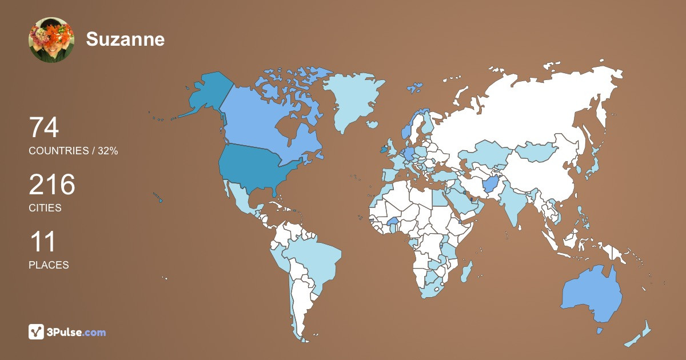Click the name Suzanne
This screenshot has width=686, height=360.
point(125,39)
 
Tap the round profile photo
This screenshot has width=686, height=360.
point(51,40)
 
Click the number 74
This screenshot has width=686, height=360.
point(44,128)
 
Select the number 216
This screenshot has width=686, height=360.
point(52,185)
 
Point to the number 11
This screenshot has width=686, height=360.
point(43,242)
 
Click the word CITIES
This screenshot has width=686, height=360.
point(45,208)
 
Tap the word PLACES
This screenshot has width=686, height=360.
point(49,265)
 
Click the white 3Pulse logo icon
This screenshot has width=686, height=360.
point(37,332)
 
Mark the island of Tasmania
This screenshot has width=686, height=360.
point(600,331)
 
